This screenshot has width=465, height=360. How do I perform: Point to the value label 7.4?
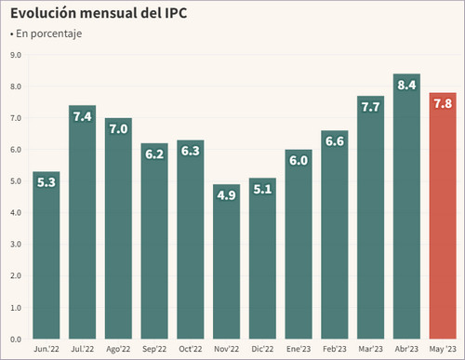[83, 117]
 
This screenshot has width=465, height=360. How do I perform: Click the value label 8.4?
[406, 86]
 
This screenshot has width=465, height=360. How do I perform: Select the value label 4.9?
[227, 196]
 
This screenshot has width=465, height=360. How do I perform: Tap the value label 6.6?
[335, 142]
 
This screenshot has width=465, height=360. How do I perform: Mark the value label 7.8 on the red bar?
[443, 104]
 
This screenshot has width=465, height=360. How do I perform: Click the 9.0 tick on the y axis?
[15, 55]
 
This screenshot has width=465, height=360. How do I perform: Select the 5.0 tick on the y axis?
[15, 181]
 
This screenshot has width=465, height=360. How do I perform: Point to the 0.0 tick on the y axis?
[15, 340]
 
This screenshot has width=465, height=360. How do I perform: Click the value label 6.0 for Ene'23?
[299, 161]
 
